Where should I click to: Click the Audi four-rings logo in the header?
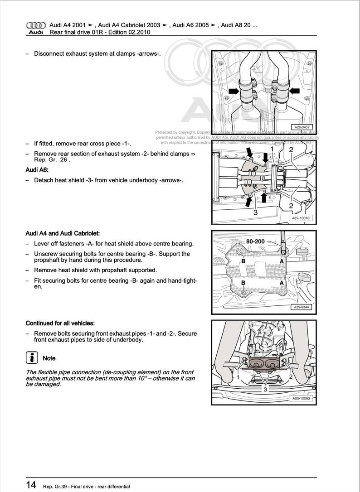[x=35, y=25]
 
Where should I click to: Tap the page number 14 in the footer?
[x=31, y=485]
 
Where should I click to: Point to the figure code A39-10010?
[x=300, y=218]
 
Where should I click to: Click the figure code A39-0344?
[x=302, y=307]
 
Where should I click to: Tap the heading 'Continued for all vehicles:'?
[x=60, y=323]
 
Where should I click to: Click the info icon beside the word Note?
[x=32, y=358]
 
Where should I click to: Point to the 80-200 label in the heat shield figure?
[x=255, y=241]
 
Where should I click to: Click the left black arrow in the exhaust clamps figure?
[x=234, y=91]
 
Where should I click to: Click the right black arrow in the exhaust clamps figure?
[x=294, y=91]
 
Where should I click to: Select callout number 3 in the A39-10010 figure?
[x=255, y=212]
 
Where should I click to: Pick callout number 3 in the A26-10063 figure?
[x=266, y=389]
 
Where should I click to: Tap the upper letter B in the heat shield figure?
[x=243, y=261]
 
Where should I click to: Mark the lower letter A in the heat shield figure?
[x=282, y=283]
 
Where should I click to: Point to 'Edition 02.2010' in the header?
[x=128, y=32]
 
